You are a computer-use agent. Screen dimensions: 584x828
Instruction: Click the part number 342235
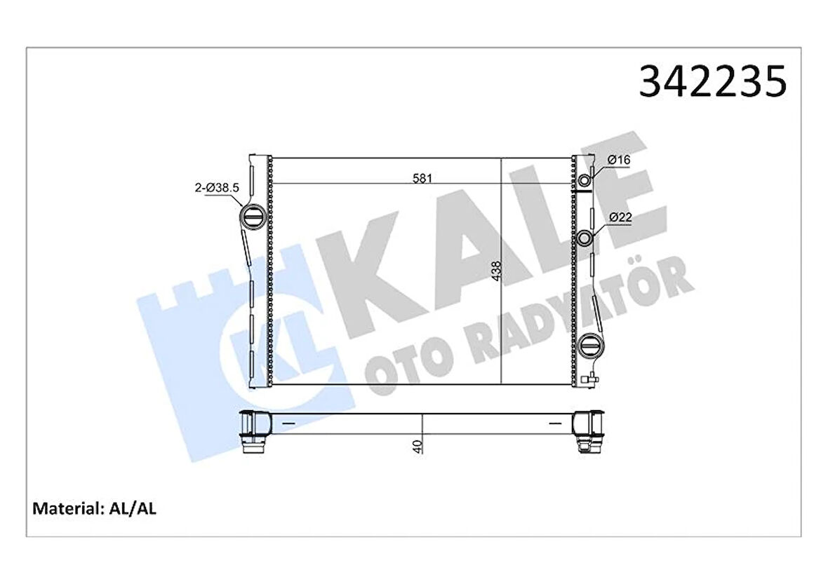pyautogui.click(x=712, y=82)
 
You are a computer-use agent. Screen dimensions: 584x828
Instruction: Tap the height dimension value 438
pyautogui.click(x=496, y=271)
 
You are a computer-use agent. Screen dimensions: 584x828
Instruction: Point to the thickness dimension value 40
pyautogui.click(x=418, y=446)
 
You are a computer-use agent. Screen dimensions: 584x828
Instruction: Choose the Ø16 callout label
pyautogui.click(x=618, y=161)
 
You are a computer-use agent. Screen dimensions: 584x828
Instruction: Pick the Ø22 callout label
pyautogui.click(x=620, y=217)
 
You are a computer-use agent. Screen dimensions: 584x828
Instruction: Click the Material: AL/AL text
pyautogui.click(x=95, y=508)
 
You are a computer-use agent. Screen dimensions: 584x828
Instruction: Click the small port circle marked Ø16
pyautogui.click(x=585, y=182)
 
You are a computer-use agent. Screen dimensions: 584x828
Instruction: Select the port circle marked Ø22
pyautogui.click(x=585, y=239)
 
